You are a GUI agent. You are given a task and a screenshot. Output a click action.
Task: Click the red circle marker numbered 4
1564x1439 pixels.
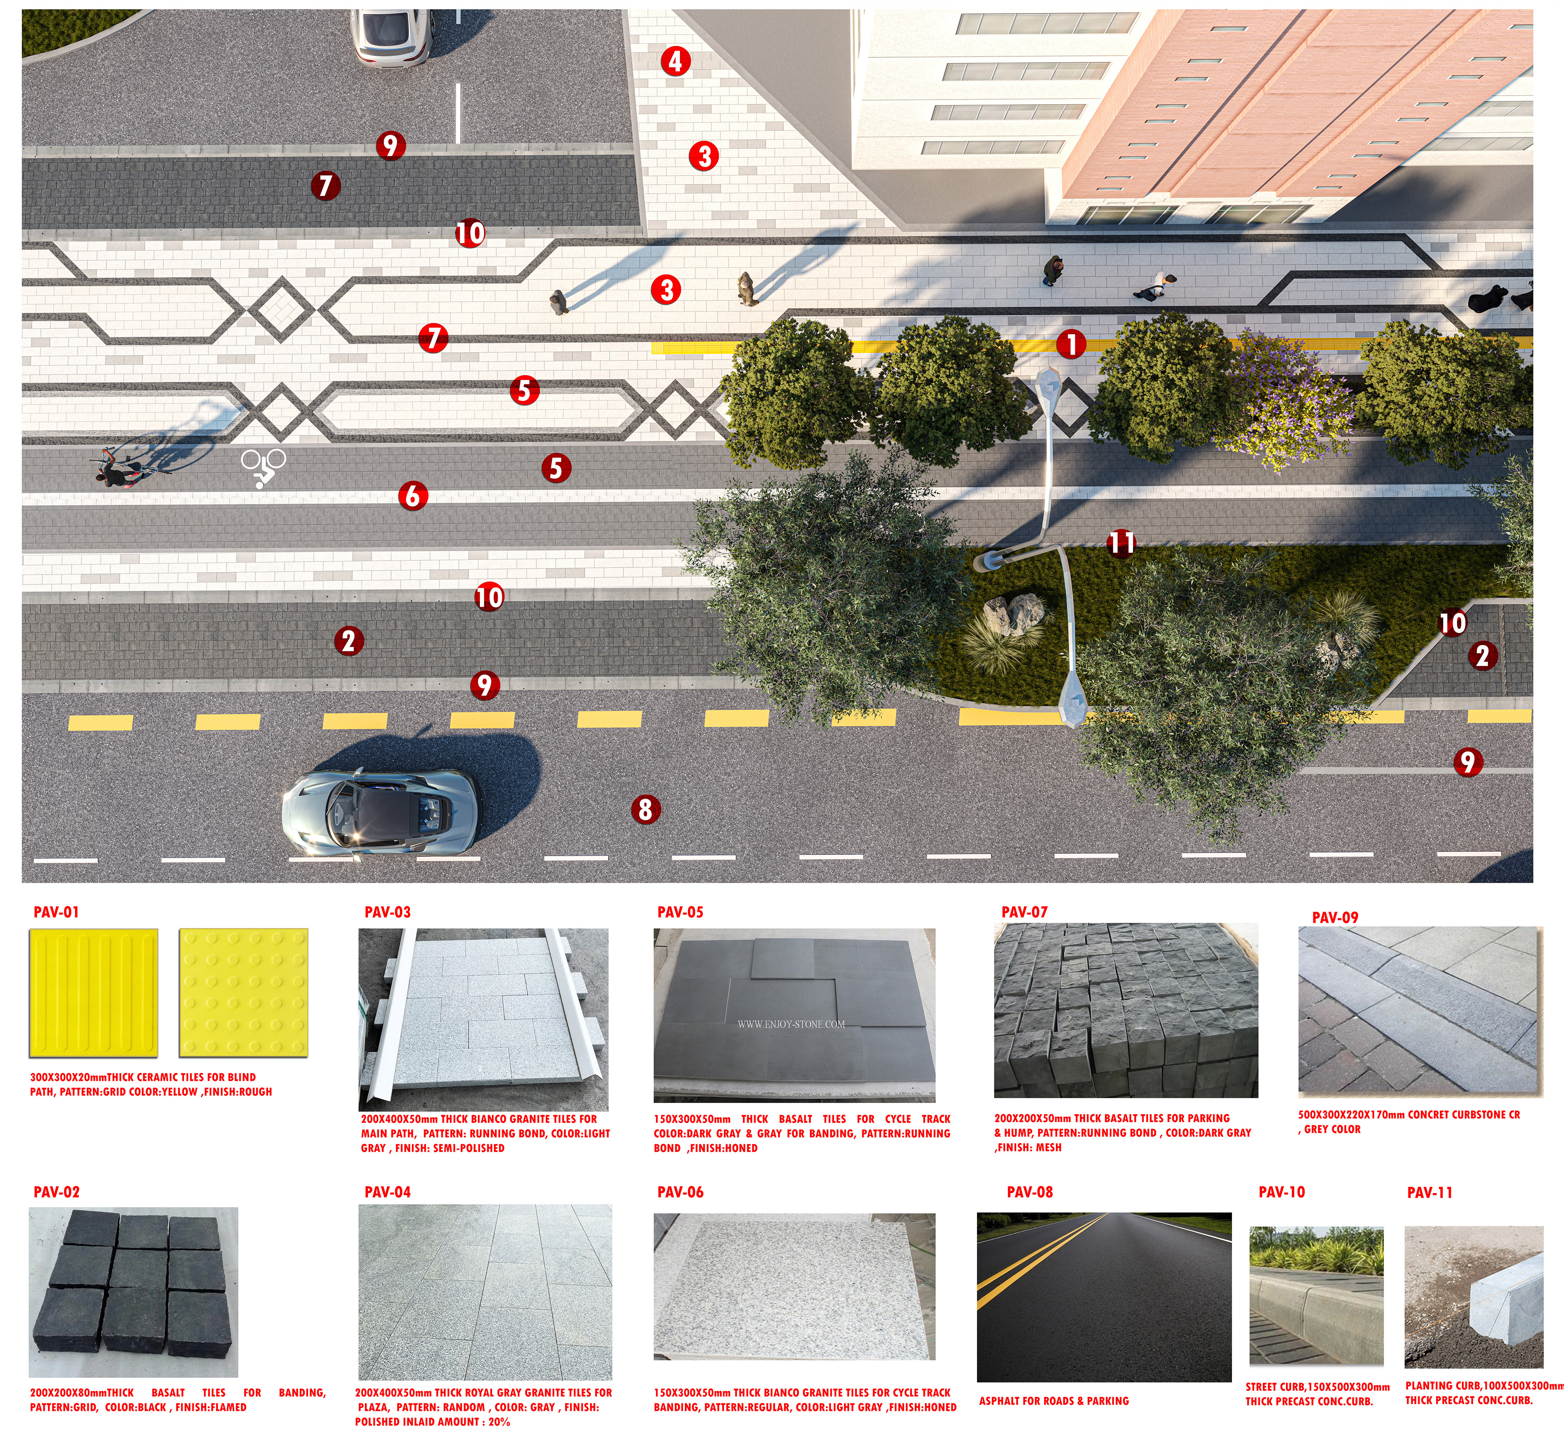[x=675, y=61]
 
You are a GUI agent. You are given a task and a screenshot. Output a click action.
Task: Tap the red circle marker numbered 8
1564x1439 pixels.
[x=645, y=810]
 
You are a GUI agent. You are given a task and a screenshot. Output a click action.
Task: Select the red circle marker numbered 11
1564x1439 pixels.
[x=1122, y=543]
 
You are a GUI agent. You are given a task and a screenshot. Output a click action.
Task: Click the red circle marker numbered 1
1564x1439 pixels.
[x=1071, y=343]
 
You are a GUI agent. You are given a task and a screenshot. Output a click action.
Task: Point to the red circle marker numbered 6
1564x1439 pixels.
[x=413, y=495]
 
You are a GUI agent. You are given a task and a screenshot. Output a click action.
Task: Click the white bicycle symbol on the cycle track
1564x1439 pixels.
[x=263, y=466]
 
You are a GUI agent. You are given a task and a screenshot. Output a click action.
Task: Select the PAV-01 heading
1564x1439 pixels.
[x=56, y=912]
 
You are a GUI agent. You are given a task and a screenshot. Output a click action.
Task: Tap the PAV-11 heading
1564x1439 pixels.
[x=1429, y=1192]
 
